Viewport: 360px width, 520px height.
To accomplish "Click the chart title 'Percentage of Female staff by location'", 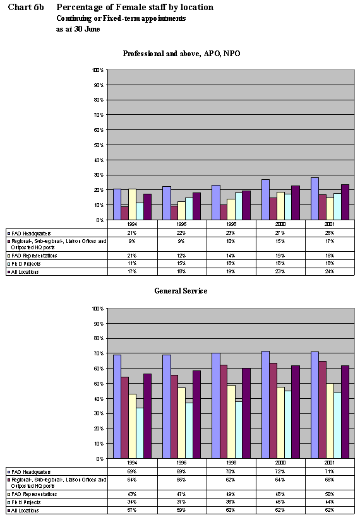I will click(135, 7).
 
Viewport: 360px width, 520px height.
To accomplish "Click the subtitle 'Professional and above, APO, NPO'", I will click(181, 53).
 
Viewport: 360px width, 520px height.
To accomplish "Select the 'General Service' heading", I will click(181, 291).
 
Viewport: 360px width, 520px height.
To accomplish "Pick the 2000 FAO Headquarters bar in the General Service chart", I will click(265, 405).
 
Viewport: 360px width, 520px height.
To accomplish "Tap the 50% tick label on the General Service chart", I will click(99, 383).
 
